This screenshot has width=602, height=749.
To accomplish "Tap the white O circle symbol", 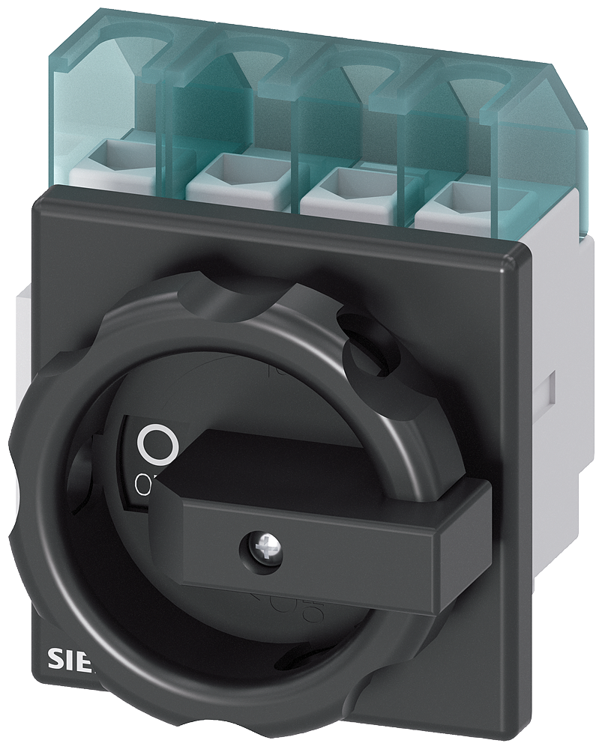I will coord(157,443).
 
